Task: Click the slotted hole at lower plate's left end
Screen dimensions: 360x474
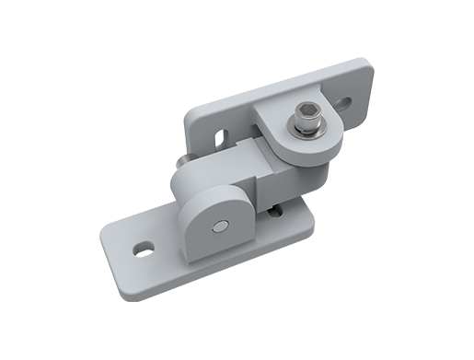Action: pos(142,247)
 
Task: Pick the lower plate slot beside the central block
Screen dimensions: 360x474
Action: pos(273,211)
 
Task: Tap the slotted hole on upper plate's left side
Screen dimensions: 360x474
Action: pos(218,137)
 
